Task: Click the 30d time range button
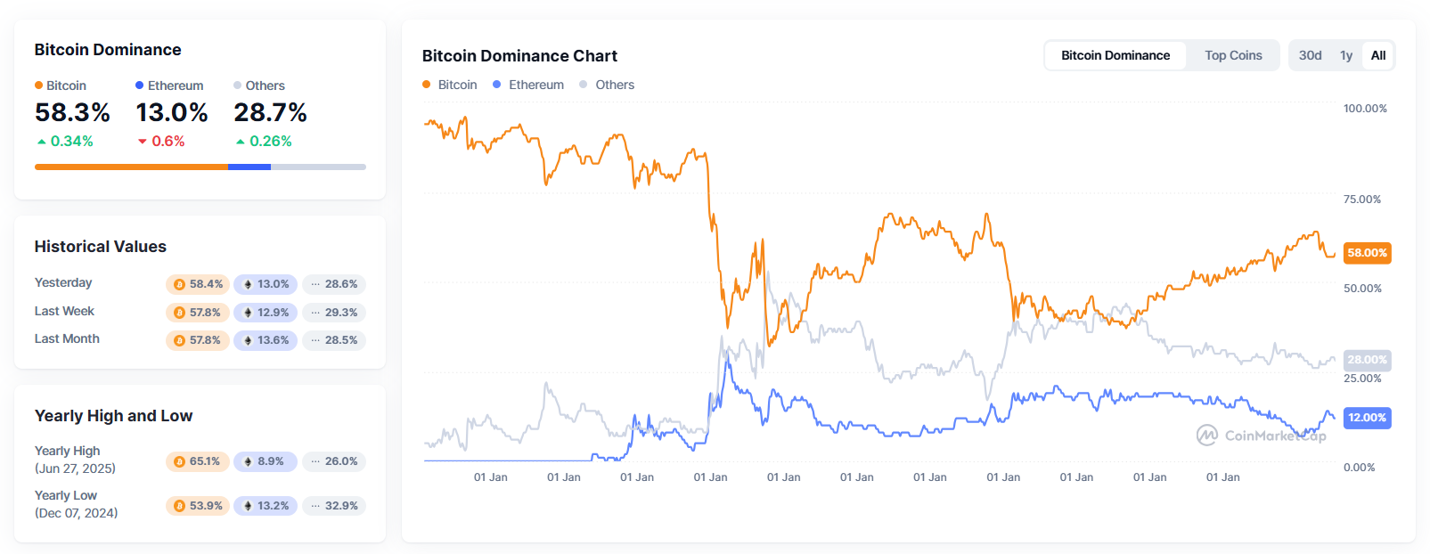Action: [1310, 55]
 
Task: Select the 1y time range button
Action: [1346, 55]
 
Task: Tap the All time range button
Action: [1378, 55]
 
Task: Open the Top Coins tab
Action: [1233, 55]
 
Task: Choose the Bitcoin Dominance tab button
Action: [1115, 55]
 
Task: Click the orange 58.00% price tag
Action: [1367, 253]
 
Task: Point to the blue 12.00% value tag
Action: [1367, 418]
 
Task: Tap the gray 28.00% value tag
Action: [1367, 360]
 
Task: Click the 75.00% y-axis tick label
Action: [1362, 200]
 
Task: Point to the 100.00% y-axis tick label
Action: [1365, 109]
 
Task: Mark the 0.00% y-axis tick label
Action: [1360, 468]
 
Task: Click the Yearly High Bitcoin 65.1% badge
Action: [198, 461]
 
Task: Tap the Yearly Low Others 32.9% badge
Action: [334, 506]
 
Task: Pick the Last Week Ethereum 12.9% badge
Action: [266, 313]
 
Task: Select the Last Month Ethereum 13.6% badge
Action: [266, 340]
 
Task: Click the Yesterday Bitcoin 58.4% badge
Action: [198, 284]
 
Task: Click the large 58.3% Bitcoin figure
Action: [72, 113]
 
